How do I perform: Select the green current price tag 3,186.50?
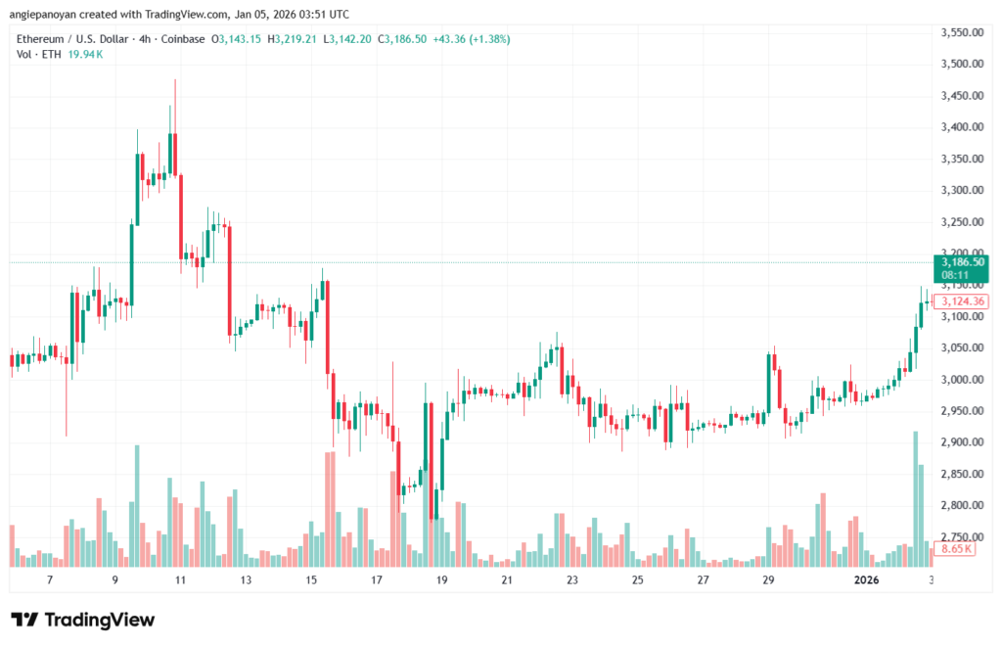(x=961, y=262)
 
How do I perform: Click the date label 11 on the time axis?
(x=180, y=579)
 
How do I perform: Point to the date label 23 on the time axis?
(x=572, y=579)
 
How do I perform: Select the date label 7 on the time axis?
(x=50, y=579)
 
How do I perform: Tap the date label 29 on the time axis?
(x=768, y=579)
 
